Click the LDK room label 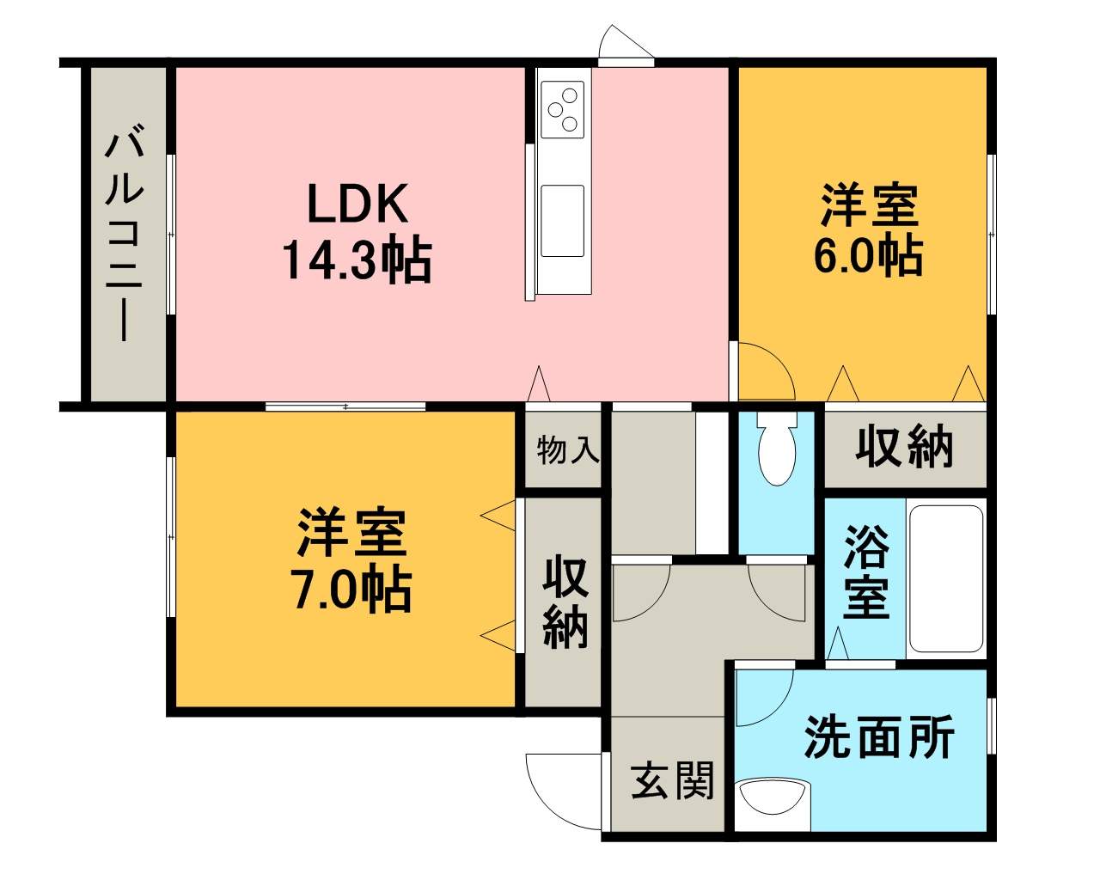coord(357,203)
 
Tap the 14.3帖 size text coord(357,260)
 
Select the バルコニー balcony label coord(125,236)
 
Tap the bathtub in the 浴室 coord(946,579)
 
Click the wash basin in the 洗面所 coord(775,797)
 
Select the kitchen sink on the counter coord(563,221)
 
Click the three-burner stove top coord(563,109)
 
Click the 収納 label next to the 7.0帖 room coord(565,603)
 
